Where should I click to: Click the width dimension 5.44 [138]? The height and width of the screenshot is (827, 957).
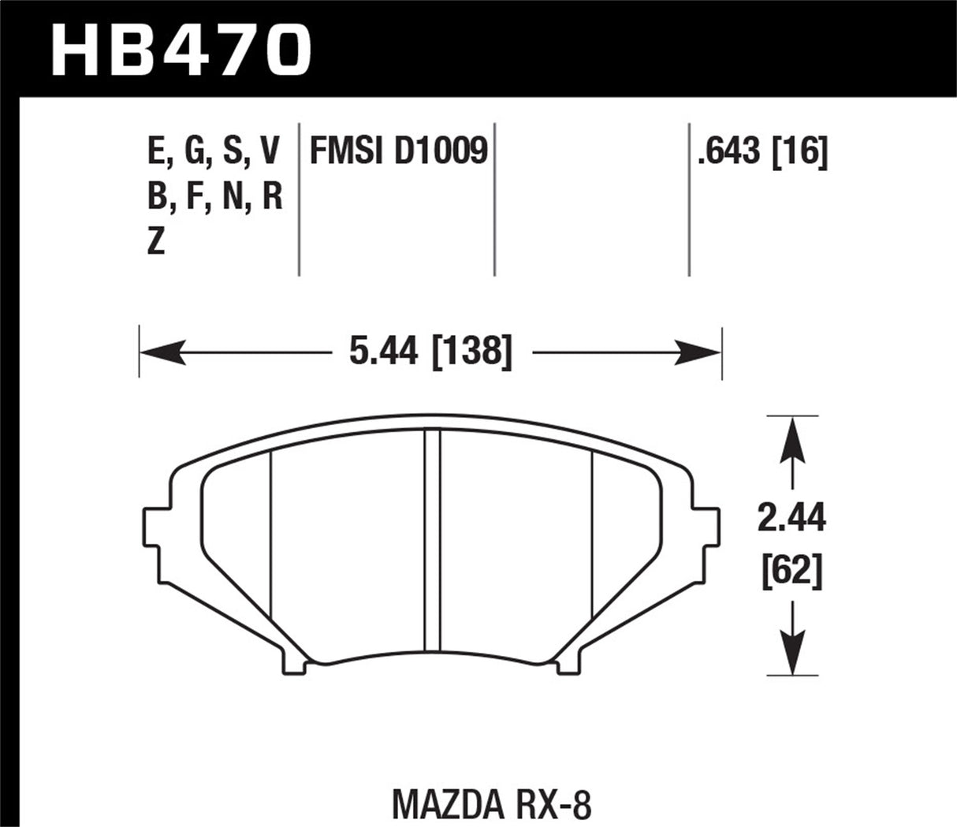point(430,350)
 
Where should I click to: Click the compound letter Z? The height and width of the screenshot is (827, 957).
point(156,243)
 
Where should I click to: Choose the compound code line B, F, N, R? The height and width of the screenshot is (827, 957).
point(214,197)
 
